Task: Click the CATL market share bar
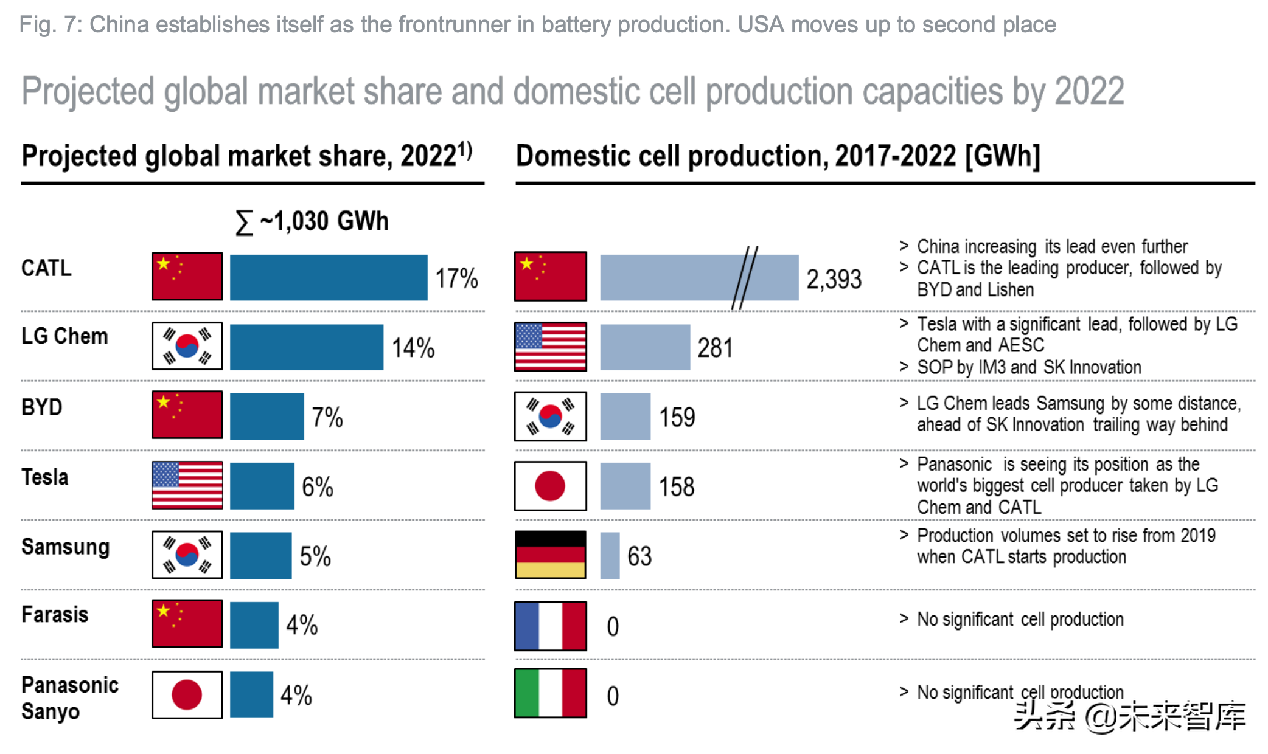point(329,277)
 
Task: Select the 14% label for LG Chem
point(413,348)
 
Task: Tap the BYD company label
point(42,407)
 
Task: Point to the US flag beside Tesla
point(187,485)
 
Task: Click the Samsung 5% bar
point(260,555)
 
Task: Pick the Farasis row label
point(55,615)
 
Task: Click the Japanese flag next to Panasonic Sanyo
point(187,694)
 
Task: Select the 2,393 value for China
point(834,279)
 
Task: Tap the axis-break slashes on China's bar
point(745,277)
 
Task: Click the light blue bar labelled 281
point(645,347)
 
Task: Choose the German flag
point(551,555)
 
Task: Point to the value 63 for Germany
point(639,556)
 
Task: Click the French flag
point(551,626)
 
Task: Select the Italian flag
point(551,693)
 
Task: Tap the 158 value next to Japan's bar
point(677,486)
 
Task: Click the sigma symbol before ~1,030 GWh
point(244,222)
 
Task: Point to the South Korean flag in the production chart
point(551,417)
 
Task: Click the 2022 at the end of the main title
point(1089,91)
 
